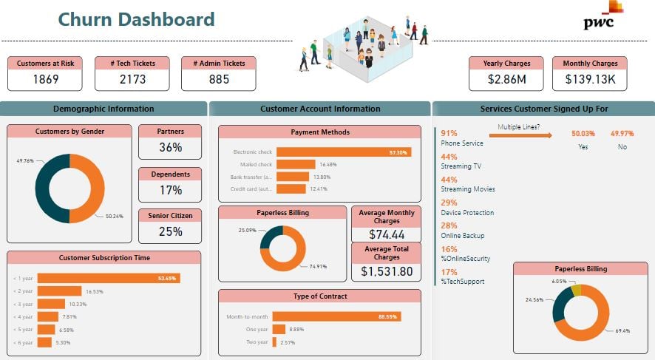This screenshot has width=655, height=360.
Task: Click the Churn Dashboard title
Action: [x=136, y=19]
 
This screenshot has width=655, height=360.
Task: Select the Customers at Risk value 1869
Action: [x=46, y=79]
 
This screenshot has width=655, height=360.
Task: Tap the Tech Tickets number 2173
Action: [x=132, y=79]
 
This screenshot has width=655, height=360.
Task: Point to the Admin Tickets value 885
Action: [x=219, y=79]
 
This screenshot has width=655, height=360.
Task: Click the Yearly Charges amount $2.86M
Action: [x=506, y=79]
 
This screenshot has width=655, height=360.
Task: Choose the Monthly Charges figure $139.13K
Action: [x=590, y=79]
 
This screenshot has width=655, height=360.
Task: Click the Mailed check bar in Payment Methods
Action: [x=296, y=165]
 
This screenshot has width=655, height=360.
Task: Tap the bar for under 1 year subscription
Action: [x=108, y=279]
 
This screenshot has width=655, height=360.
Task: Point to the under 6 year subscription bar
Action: [x=44, y=342]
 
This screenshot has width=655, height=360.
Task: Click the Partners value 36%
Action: [x=170, y=147]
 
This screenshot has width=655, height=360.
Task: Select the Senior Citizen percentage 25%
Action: [x=170, y=231]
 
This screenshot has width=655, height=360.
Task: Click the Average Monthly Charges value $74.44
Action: [x=385, y=234]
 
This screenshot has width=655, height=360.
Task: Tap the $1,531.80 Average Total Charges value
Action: [x=385, y=271]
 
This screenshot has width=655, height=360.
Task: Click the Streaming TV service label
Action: [x=461, y=166]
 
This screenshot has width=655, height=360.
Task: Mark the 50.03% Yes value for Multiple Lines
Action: [x=583, y=134]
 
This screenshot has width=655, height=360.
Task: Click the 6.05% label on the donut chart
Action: [x=560, y=282]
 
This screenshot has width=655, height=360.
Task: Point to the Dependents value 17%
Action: [x=170, y=190]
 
